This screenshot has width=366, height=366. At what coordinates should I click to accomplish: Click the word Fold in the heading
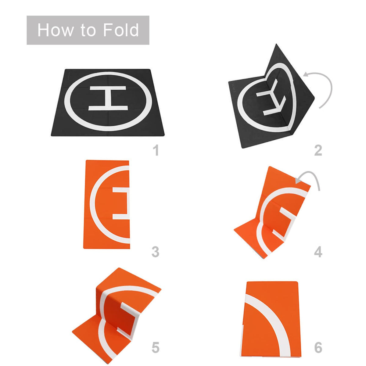[x=121, y=30]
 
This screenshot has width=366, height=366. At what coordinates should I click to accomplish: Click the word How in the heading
[x=55, y=30]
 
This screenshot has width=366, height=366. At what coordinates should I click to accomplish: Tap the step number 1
[x=156, y=150]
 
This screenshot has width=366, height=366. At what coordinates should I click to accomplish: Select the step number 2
[x=318, y=150]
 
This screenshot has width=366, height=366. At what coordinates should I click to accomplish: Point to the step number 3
[x=155, y=252]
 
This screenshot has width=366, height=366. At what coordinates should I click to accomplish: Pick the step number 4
[x=318, y=252]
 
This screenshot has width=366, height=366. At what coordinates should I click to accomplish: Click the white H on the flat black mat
[x=107, y=98]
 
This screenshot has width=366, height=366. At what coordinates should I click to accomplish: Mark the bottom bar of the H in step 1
[x=107, y=108]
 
